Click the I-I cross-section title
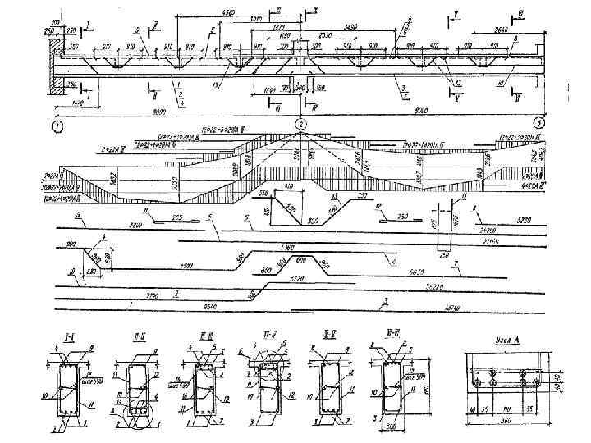click(70, 337)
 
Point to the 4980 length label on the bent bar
click(186, 266)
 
